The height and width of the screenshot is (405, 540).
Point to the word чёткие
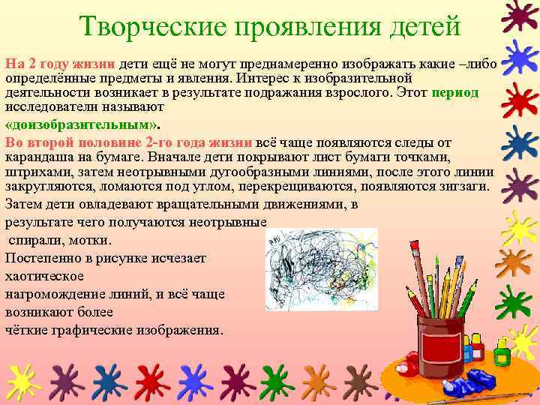click(25, 329)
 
